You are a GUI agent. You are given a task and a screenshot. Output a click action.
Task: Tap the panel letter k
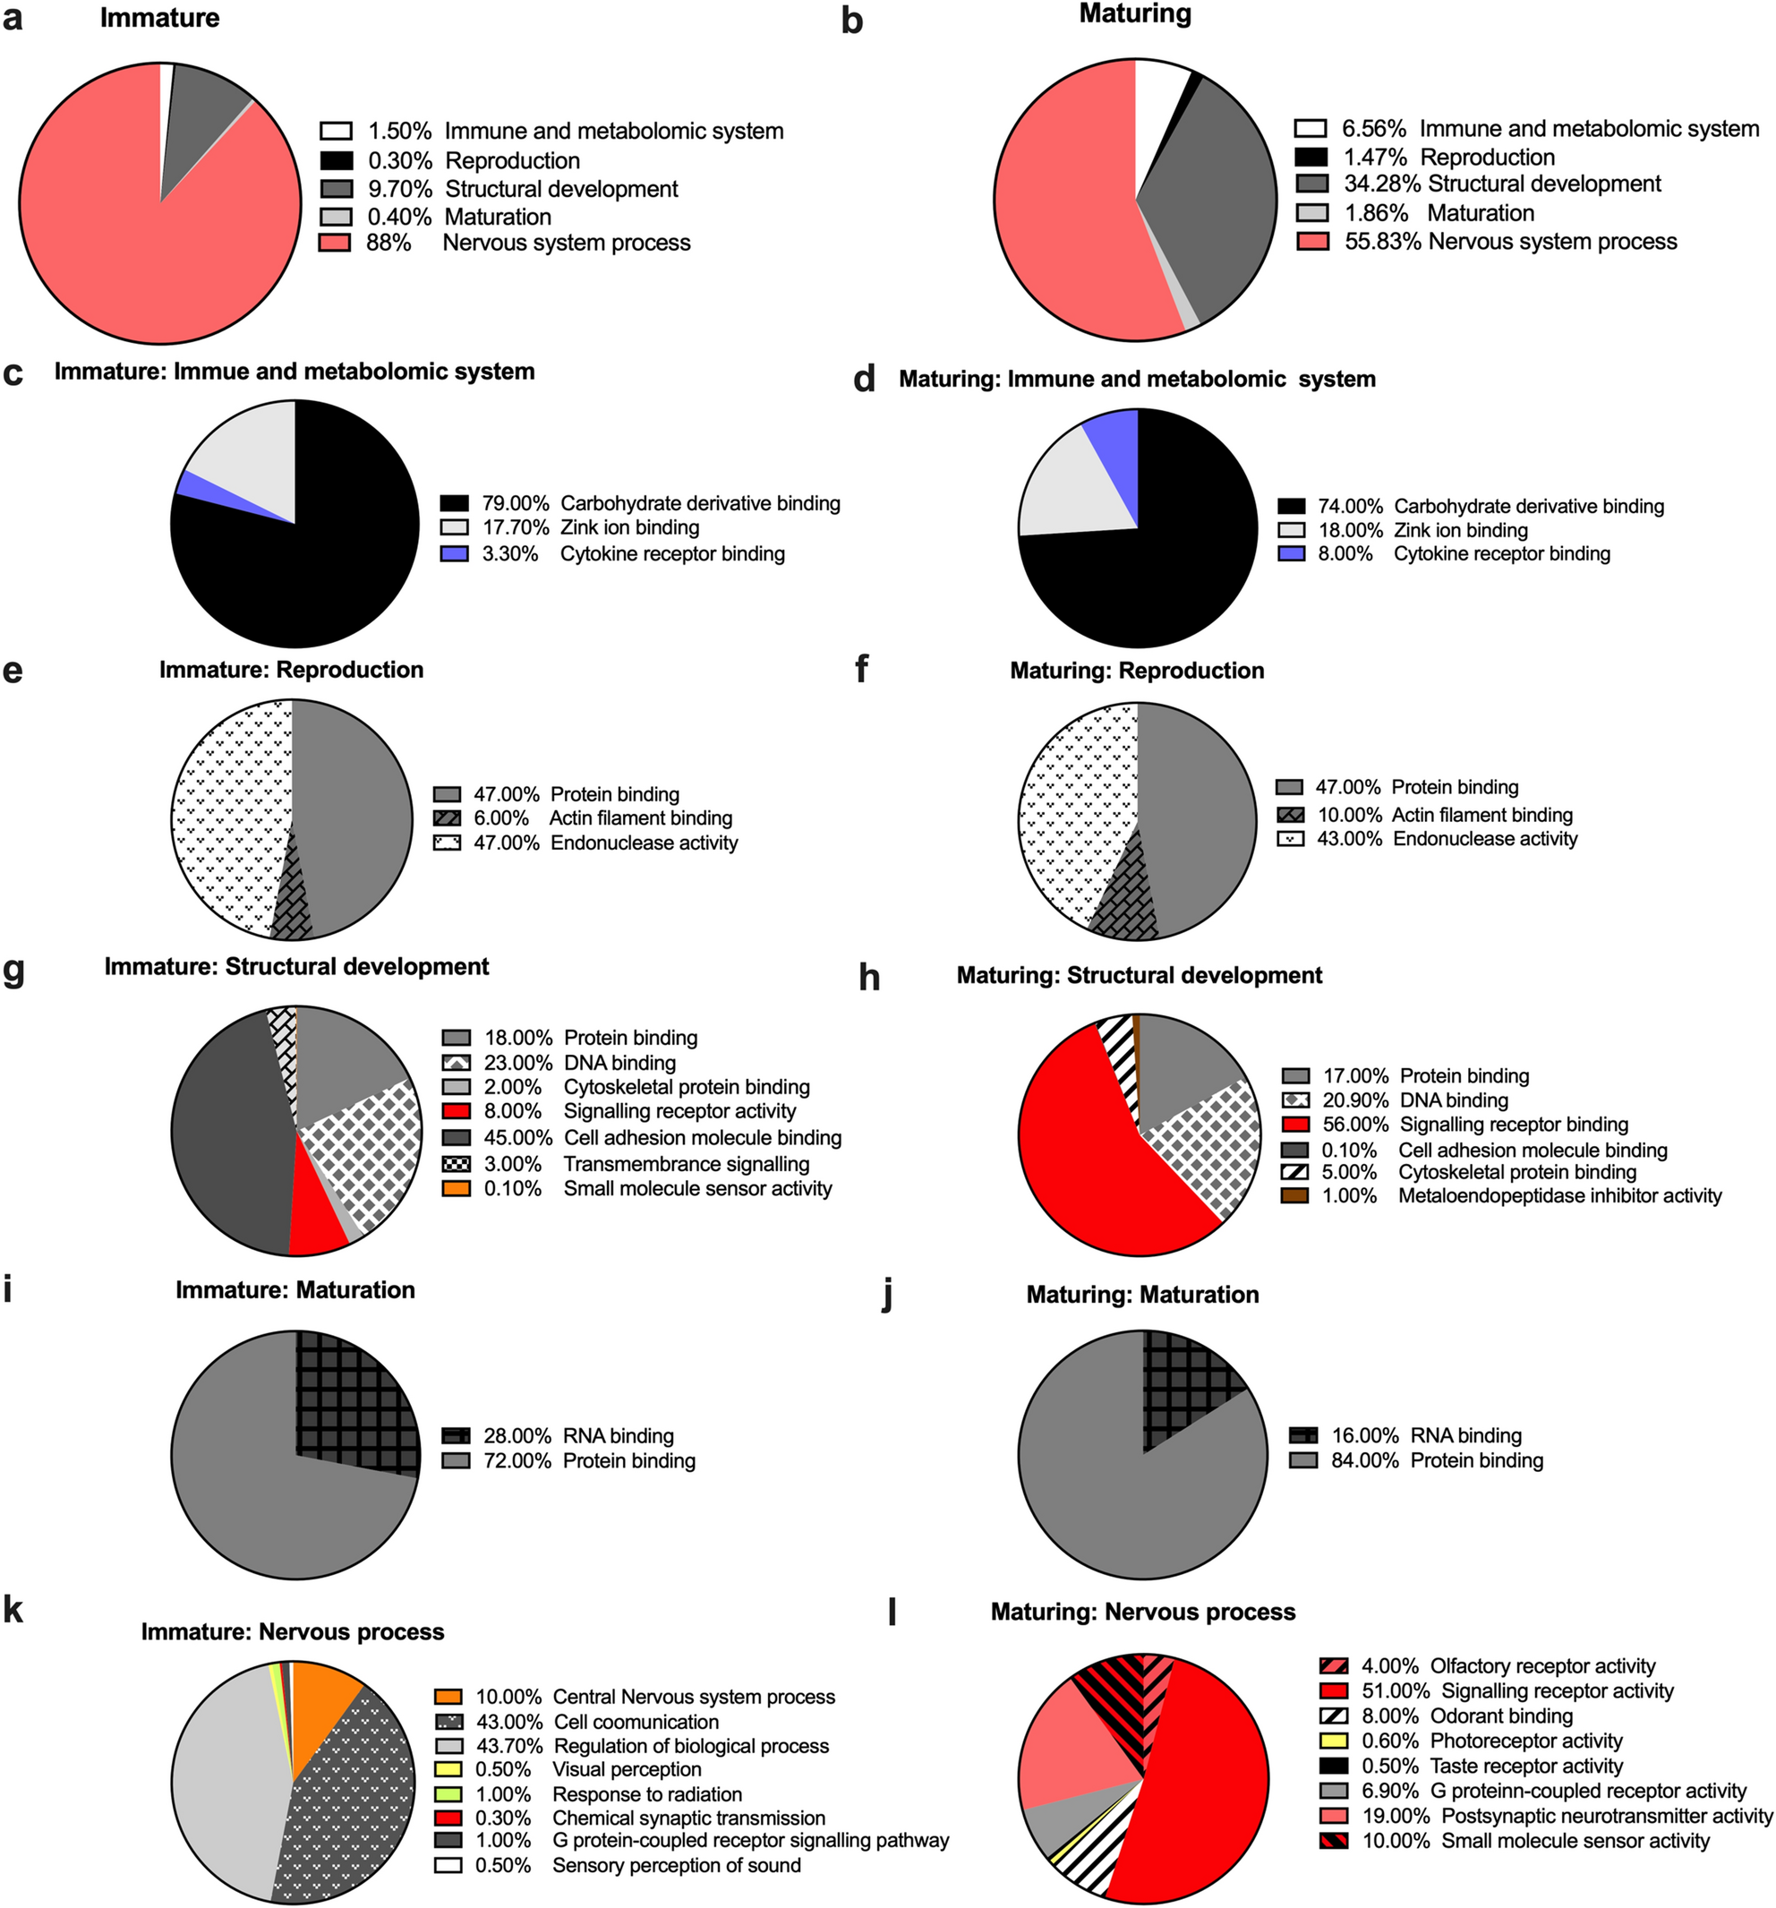click(x=13, y=1610)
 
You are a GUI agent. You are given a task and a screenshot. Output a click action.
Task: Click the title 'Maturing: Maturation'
click(x=1142, y=1295)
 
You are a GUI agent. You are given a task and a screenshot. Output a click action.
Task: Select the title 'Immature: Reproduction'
click(x=291, y=670)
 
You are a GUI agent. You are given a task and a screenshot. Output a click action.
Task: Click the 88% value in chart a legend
click(x=388, y=243)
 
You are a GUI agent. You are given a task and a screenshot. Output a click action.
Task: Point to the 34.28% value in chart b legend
click(x=1380, y=184)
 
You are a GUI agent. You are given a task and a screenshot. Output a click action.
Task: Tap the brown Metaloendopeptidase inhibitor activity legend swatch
click(x=1295, y=1196)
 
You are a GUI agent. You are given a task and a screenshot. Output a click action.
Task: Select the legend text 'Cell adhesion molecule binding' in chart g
click(x=703, y=1138)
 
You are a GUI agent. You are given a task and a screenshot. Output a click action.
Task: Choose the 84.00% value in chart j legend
click(x=1364, y=1460)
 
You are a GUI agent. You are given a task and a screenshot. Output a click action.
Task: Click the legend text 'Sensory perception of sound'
click(x=677, y=1866)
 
